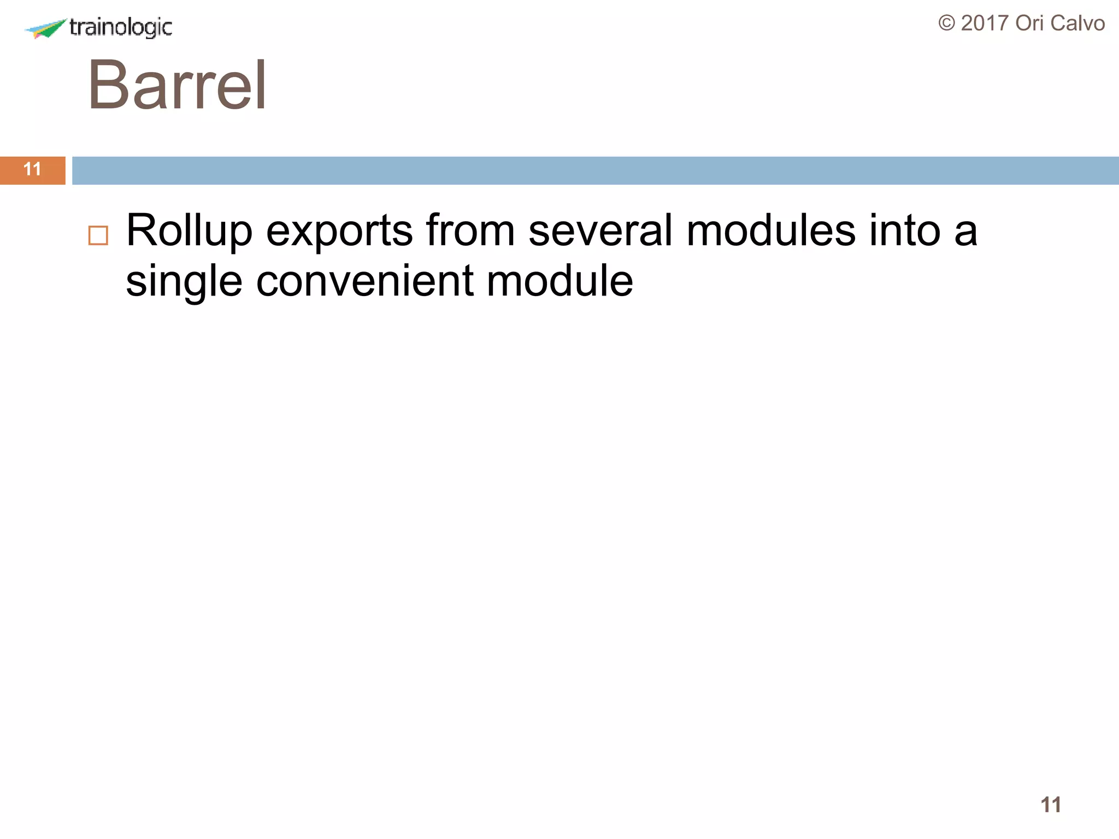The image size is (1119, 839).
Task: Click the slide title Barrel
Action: (177, 85)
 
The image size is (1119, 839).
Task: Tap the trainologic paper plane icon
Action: (46, 28)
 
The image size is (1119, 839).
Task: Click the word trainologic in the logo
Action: (121, 27)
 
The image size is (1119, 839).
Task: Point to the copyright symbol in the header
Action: (947, 23)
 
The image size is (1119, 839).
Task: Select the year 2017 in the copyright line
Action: (985, 23)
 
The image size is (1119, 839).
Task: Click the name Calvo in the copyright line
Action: (1077, 23)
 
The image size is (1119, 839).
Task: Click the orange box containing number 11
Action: (33, 170)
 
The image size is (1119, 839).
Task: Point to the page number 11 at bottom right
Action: (1051, 805)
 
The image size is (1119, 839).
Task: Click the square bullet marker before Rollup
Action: (98, 235)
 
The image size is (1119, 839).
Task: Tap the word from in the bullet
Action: (470, 231)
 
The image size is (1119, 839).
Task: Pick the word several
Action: (600, 231)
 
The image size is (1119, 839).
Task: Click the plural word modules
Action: (771, 231)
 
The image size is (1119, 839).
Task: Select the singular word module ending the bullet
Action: (559, 281)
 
